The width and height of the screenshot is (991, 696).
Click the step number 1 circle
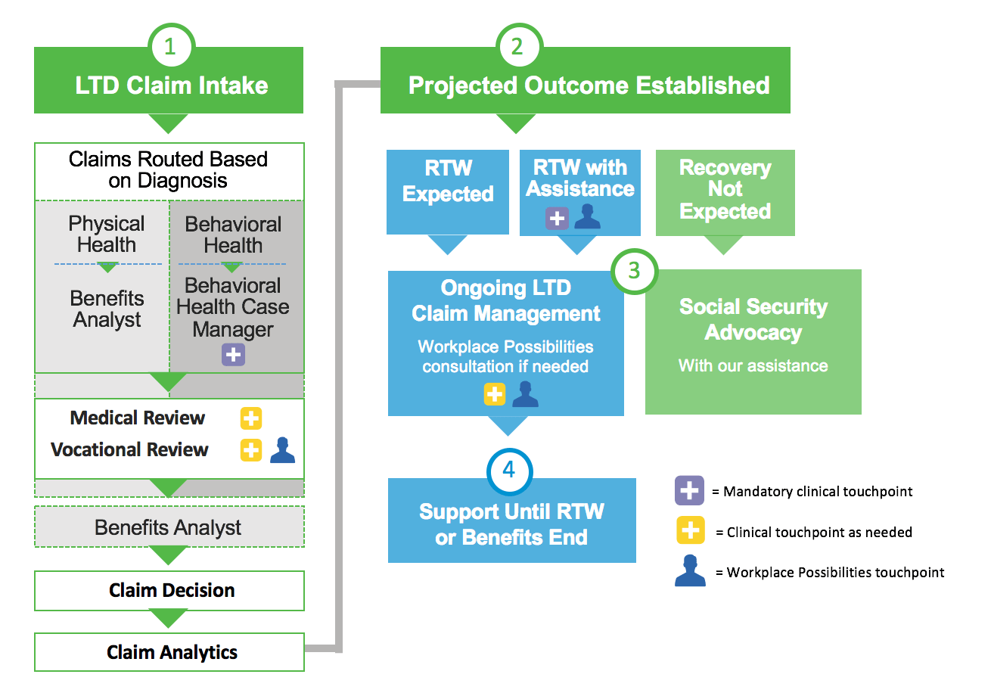(x=169, y=47)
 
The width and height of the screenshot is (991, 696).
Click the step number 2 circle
(x=517, y=47)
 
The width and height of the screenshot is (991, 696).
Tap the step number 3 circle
(x=635, y=271)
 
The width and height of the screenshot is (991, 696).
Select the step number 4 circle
(x=509, y=471)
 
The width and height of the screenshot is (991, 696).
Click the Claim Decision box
(x=169, y=590)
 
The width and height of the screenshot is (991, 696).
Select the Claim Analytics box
(x=169, y=652)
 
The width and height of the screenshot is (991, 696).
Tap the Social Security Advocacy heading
(x=753, y=319)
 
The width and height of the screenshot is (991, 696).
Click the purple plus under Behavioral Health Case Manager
(x=234, y=355)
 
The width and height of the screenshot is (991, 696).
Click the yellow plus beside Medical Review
(x=251, y=418)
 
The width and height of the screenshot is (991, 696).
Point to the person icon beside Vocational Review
(x=283, y=450)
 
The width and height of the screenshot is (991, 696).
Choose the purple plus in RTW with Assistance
(x=557, y=219)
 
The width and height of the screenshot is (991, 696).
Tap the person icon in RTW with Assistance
(x=587, y=216)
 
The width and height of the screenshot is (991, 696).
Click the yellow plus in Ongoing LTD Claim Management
(x=495, y=394)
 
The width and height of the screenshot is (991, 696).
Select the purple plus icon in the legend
(x=690, y=491)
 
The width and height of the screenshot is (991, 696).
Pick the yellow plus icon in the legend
(x=690, y=531)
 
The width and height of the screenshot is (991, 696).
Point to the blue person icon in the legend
(x=690, y=571)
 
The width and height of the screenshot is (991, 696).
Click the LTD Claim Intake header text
(x=172, y=85)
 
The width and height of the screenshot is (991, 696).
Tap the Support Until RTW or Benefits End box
(x=512, y=524)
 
